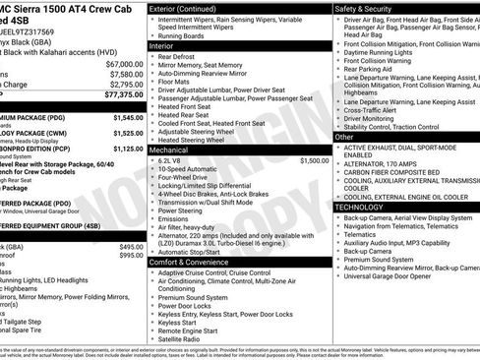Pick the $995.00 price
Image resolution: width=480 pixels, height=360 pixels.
point(130,255)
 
